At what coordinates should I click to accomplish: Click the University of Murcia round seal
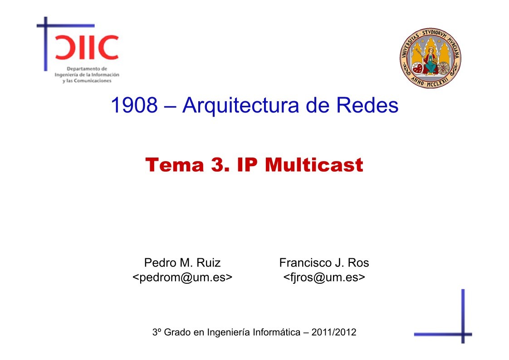(x=430, y=56)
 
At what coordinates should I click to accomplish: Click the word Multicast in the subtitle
(x=313, y=165)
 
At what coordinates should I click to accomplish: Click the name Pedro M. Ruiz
(x=182, y=263)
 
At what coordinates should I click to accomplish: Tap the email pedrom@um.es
(x=182, y=277)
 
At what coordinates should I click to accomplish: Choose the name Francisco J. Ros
(x=324, y=263)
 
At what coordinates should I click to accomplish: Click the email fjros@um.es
(x=324, y=277)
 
